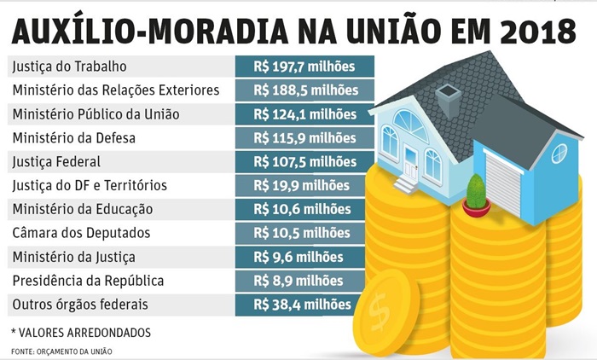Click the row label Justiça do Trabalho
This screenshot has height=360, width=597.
coord(68,66)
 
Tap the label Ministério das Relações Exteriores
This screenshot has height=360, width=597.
coord(116,90)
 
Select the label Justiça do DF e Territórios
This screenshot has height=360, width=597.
coord(90,185)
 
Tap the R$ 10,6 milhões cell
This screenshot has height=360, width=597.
coord(303,209)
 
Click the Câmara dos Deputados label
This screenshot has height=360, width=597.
coord(81,233)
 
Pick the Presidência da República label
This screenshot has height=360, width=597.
coord(87,281)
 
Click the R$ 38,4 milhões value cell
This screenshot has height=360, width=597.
coord(303,305)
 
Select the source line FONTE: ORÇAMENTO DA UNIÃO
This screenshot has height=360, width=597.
coord(61,351)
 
